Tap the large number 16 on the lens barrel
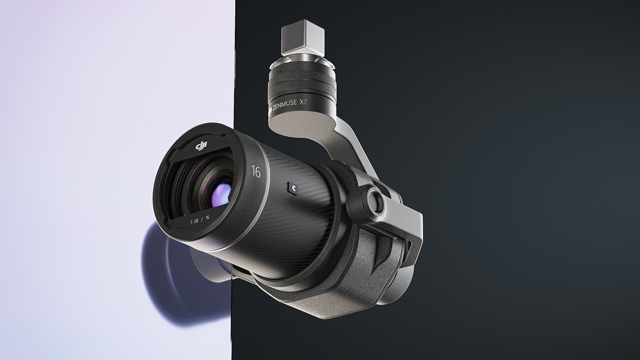click(x=256, y=171)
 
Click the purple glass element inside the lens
click(x=220, y=194)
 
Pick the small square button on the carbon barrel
click(x=292, y=188)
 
